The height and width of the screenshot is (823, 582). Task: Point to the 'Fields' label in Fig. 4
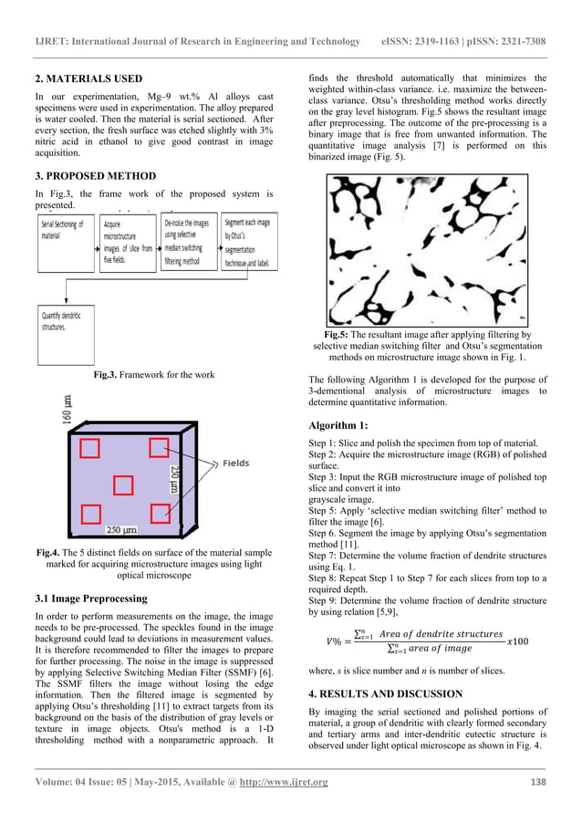point(241,464)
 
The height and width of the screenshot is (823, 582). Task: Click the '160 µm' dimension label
point(66,412)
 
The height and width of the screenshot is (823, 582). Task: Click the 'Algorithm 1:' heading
point(338,425)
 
